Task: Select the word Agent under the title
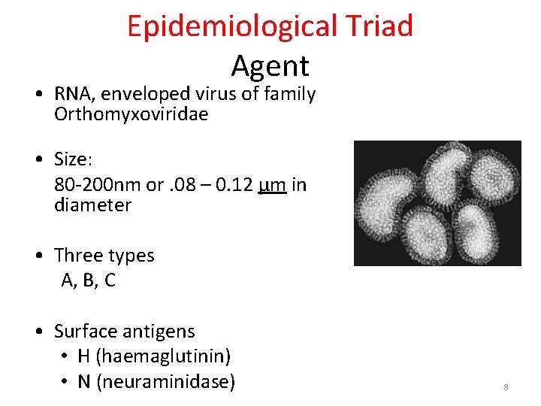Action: coord(270,66)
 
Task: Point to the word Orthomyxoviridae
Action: coord(131,115)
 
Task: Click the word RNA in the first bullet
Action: coord(74,95)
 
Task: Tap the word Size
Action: coord(71,159)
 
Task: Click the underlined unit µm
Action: coord(271,184)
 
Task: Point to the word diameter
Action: coord(92,205)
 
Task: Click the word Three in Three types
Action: coord(78,256)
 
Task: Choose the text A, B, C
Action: coord(88,281)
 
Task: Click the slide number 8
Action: coord(506,387)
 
